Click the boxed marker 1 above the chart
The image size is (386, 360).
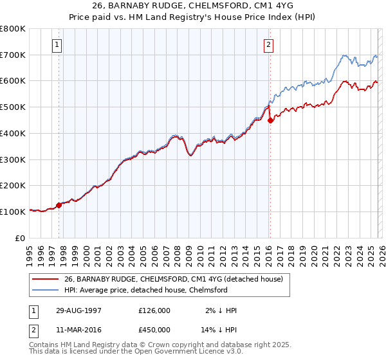click(58, 45)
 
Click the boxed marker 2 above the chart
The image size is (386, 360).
click(268, 45)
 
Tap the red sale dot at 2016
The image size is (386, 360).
click(270, 120)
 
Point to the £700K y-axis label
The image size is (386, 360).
click(13, 55)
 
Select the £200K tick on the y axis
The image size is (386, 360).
click(13, 185)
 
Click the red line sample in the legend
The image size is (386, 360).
click(46, 279)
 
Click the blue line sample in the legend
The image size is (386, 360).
click(46, 290)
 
